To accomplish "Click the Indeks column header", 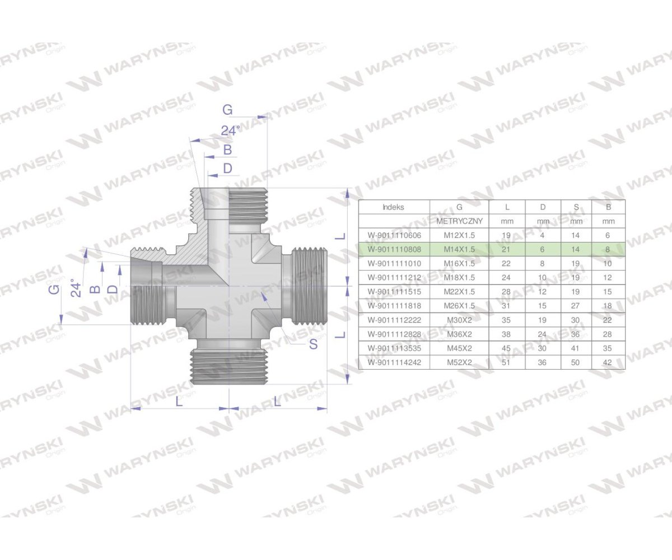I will coord(393,207).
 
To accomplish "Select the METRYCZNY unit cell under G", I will coord(459,221).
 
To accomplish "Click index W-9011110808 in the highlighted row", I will coord(394,249).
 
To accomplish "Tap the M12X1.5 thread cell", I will coord(459,235).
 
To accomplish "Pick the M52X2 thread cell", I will coord(459,362).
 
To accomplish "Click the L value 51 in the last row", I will coord(507,362).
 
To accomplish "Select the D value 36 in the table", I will coord(543,362).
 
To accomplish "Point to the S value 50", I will coord(576,362).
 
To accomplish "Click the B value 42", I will coord(608,362).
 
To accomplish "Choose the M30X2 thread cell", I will coord(459,320).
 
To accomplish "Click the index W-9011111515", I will coord(394,292).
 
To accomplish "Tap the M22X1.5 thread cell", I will coord(459,292).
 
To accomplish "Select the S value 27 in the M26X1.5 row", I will coord(576,306).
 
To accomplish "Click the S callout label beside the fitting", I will coord(313,344).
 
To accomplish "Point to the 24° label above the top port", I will coord(230,130).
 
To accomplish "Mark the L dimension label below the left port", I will coord(179,402).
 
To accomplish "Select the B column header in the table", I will coord(608,207).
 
